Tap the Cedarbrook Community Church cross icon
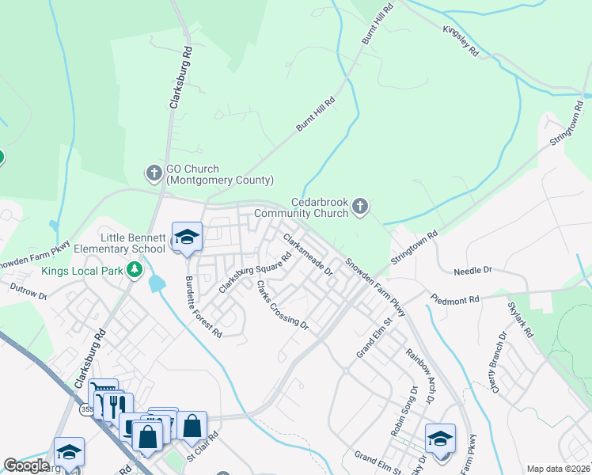coord(360,207)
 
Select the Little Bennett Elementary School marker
coord(187,237)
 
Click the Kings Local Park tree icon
coord(135,271)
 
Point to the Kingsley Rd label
coord(461,41)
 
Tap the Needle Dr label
coord(472,271)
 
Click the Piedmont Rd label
coord(455,300)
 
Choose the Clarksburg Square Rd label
coord(256,273)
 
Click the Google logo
coord(25,465)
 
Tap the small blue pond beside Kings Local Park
coord(156,282)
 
